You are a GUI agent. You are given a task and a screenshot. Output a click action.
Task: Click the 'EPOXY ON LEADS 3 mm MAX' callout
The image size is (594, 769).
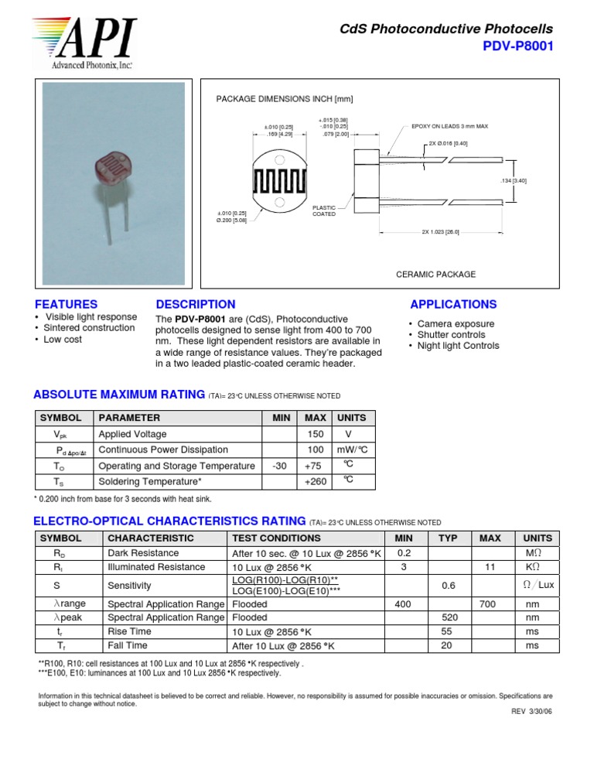[x=449, y=126]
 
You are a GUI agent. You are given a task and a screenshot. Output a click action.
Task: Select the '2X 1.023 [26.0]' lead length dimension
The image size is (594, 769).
[x=440, y=232]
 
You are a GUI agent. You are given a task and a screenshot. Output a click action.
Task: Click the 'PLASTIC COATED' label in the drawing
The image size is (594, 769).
[x=323, y=210]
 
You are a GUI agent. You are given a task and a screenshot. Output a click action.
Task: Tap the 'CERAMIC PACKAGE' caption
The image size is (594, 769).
[x=435, y=275]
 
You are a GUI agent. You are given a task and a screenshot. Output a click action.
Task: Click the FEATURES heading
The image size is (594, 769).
[x=67, y=305]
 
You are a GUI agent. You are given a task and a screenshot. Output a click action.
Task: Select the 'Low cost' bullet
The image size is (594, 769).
[x=63, y=340]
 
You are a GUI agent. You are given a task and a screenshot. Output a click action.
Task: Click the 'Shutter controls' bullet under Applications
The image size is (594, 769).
[x=451, y=335]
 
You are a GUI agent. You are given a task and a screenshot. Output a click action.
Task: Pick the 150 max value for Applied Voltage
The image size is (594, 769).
[x=315, y=434]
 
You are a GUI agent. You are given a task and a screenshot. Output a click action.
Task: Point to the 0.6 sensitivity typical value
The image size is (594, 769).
[x=448, y=586]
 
